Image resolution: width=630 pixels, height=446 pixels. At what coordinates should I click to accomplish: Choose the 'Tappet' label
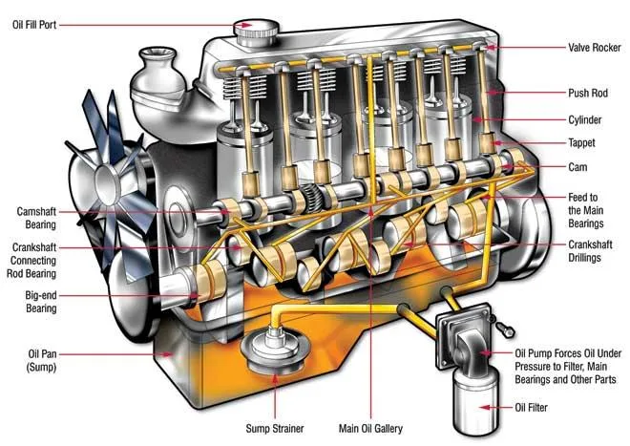pyautogui.click(x=583, y=142)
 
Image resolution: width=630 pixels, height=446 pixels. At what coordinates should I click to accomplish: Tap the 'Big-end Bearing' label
pyautogui.click(x=38, y=304)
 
